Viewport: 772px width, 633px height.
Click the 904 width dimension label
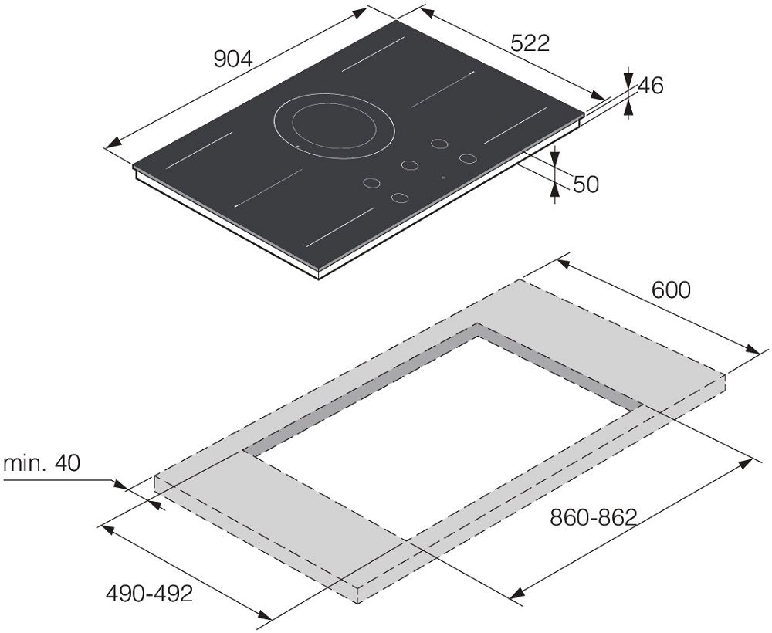tap(233, 59)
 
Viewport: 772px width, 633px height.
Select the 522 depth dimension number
tap(530, 43)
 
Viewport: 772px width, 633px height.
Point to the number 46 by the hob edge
tap(650, 86)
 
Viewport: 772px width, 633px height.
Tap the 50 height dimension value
tap(586, 184)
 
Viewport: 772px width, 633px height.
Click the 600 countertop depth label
tap(671, 290)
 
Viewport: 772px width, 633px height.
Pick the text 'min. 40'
tap(42, 463)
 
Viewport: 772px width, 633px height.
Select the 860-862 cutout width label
tap(594, 517)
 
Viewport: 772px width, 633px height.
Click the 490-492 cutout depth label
tap(149, 594)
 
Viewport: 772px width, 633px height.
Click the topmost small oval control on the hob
tap(439, 144)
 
